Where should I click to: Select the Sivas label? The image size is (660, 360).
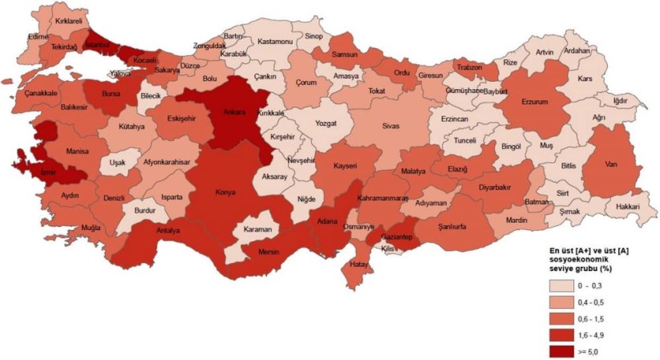tap(390, 127)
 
